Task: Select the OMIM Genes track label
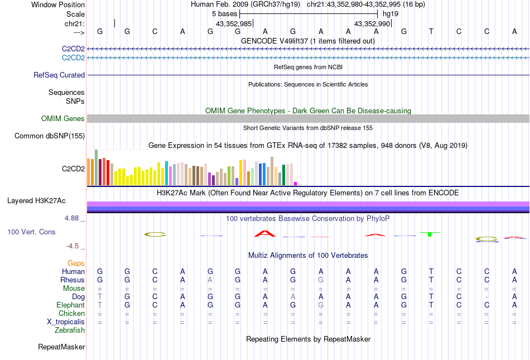pyautogui.click(x=62, y=118)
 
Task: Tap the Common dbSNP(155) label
pyautogui.click(x=50, y=136)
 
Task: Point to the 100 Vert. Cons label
pyautogui.click(x=31, y=232)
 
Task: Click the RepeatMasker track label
pyautogui.click(x=61, y=347)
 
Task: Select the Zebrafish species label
pyautogui.click(x=70, y=330)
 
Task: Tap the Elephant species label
pyautogui.click(x=70, y=305)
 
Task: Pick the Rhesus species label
pyautogui.click(x=73, y=280)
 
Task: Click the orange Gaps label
pyautogui.click(x=76, y=263)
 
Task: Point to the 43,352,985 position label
pyautogui.click(x=234, y=23)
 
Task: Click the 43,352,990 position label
pyautogui.click(x=372, y=23)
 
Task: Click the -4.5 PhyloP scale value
pyautogui.click(x=73, y=246)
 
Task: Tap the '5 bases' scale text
pyautogui.click(x=225, y=13)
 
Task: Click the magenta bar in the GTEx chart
pyautogui.click(x=296, y=183)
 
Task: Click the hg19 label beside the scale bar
pyautogui.click(x=391, y=13)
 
